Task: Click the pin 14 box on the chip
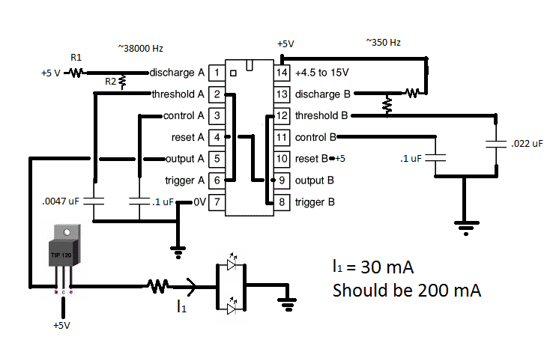282,73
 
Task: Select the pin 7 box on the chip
216,201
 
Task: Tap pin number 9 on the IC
282,181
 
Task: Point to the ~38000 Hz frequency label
140,48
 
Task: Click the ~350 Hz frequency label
383,42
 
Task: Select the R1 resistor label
76,57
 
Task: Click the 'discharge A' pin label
177,73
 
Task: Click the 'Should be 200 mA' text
406,290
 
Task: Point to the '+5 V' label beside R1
52,73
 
